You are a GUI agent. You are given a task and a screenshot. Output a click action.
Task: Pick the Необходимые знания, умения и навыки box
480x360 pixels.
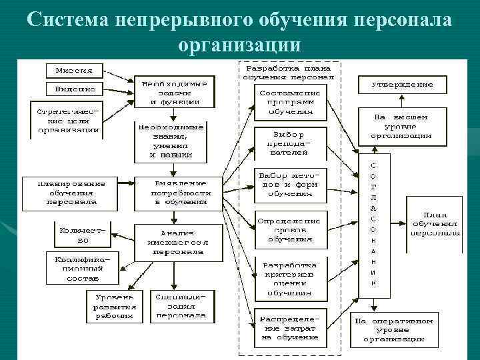point(171,140)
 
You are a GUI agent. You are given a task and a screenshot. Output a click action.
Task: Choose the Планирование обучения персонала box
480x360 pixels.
point(72,191)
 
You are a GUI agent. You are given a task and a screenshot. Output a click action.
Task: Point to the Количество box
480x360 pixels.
point(83,235)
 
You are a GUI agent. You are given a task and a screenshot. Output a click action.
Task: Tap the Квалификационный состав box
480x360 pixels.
point(77,267)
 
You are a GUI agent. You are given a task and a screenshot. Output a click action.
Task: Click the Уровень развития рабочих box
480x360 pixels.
point(115,306)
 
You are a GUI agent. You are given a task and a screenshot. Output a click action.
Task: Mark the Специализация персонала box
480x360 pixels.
point(181,306)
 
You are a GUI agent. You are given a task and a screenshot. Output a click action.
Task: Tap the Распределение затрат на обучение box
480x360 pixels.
point(290,328)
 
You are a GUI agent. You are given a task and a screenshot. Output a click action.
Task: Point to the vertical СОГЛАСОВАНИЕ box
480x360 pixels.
point(373,225)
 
